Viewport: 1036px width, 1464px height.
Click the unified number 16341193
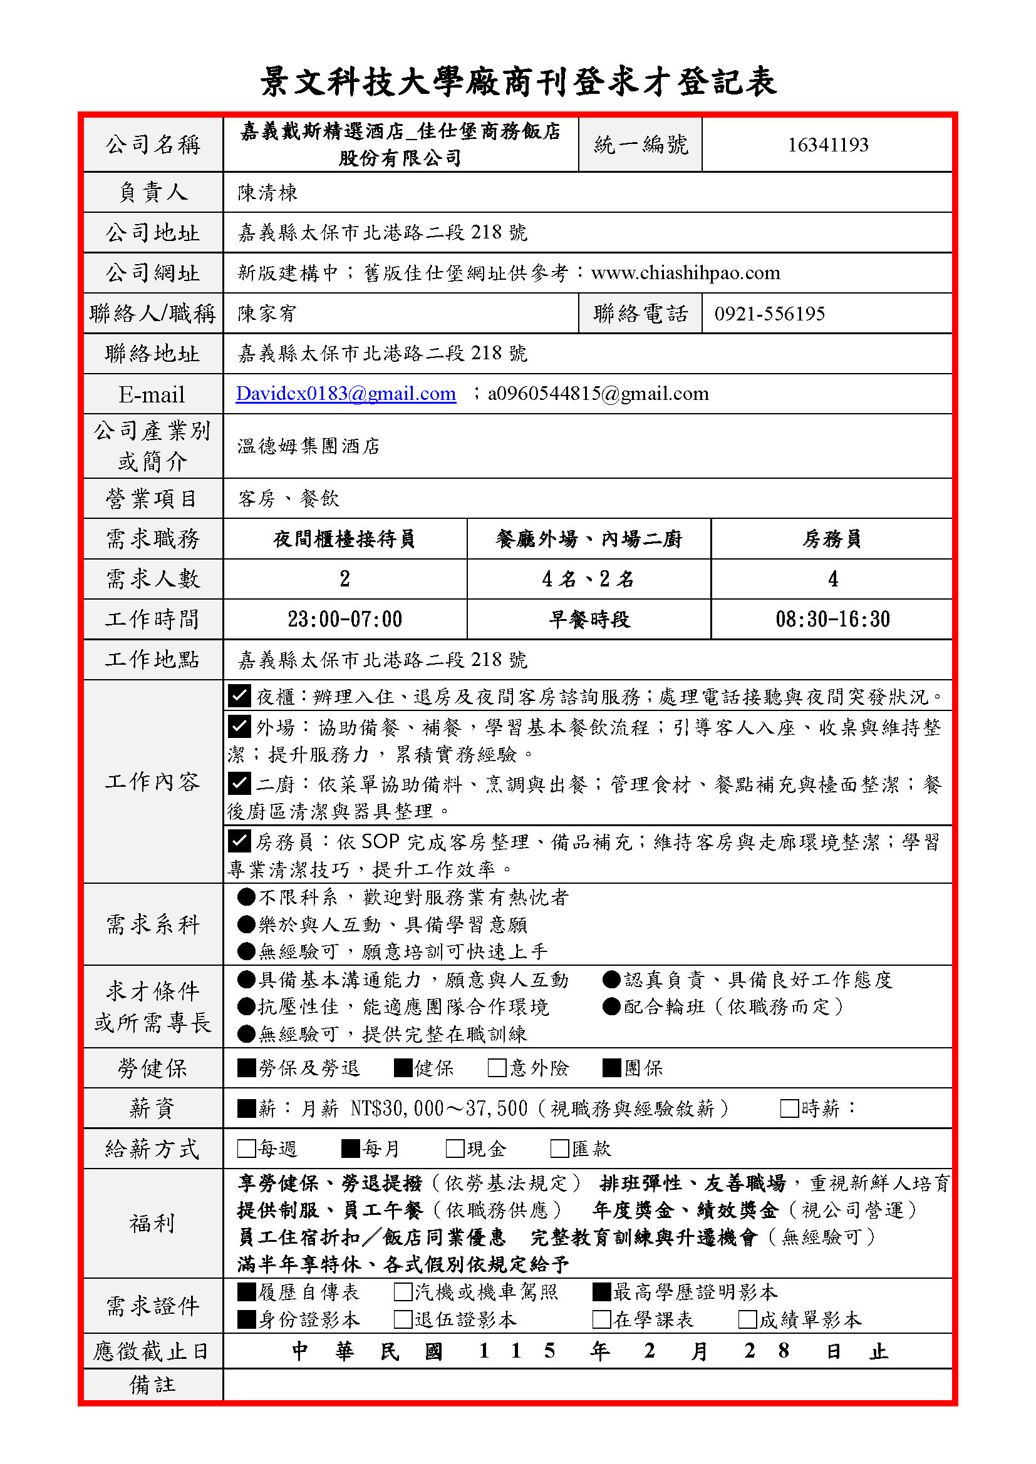(x=827, y=145)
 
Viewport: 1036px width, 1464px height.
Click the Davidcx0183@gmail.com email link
(x=346, y=394)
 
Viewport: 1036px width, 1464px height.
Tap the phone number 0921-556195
(x=769, y=314)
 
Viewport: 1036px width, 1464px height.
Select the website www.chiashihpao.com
(x=686, y=273)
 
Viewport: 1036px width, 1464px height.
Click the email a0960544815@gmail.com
(x=598, y=394)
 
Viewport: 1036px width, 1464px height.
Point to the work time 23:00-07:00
(x=344, y=619)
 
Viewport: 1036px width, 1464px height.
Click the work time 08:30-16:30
(x=832, y=619)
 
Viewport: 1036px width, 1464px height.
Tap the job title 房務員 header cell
(x=832, y=540)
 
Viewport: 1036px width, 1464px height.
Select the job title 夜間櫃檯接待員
(x=344, y=540)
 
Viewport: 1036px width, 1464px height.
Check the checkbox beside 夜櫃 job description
(x=239, y=695)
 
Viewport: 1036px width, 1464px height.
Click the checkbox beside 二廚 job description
(x=239, y=783)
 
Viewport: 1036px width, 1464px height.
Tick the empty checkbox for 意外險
(x=497, y=1068)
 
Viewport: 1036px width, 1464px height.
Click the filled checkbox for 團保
(x=612, y=1068)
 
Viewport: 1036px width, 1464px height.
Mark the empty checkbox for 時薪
(x=790, y=1108)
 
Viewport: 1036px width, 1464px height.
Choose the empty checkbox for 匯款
(x=559, y=1149)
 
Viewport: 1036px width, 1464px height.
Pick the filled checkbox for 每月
(x=350, y=1149)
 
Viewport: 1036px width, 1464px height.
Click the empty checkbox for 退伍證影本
(x=403, y=1319)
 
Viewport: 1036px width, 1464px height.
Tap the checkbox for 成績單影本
(x=748, y=1319)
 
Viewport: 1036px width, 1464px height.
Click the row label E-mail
(x=152, y=395)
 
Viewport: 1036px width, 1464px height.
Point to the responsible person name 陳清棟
(x=267, y=193)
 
